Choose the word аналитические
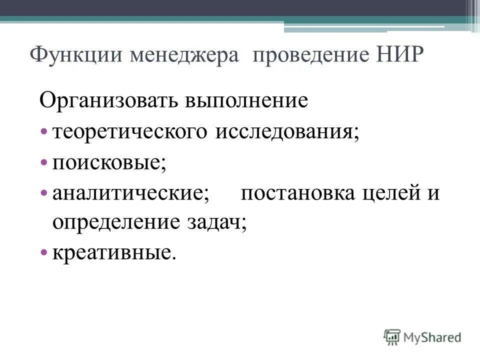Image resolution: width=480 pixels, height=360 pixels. (x=130, y=193)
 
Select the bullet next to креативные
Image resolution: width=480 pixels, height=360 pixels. (x=44, y=253)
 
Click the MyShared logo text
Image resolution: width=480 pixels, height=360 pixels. (x=432, y=337)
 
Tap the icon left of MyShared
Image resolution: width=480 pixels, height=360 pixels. (x=392, y=336)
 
